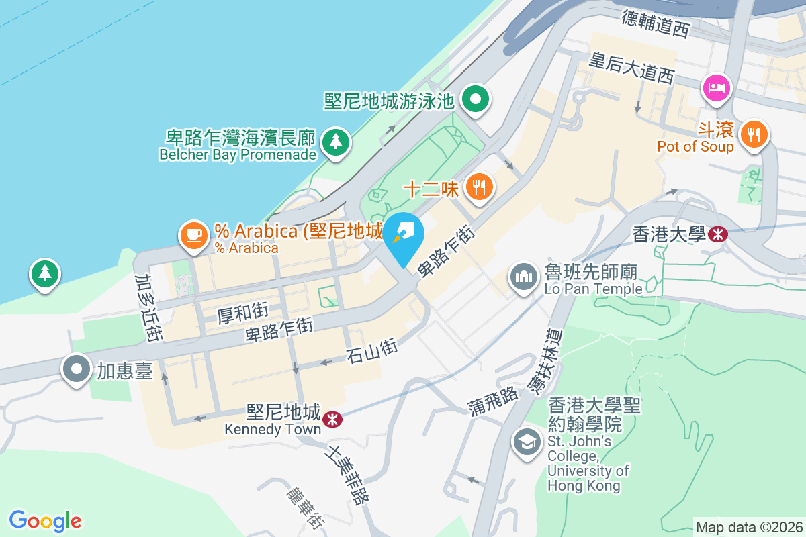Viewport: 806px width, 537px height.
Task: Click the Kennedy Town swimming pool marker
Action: pos(476,101)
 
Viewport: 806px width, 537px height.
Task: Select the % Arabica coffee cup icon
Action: pos(194,235)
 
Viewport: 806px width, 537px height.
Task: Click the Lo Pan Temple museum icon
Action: pos(523,277)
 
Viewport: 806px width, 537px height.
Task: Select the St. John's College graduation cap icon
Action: pos(527,442)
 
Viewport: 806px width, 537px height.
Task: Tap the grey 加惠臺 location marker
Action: pos(77,369)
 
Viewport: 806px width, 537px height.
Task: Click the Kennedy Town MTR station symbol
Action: pos(330,419)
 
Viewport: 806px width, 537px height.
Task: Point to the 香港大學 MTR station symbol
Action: pos(718,234)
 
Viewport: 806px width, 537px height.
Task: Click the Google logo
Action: pos(46,521)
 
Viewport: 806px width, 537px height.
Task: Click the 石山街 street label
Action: pos(372,351)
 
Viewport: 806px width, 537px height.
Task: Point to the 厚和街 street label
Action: pos(242,312)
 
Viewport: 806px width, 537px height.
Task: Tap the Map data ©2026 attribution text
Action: pos(749,528)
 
